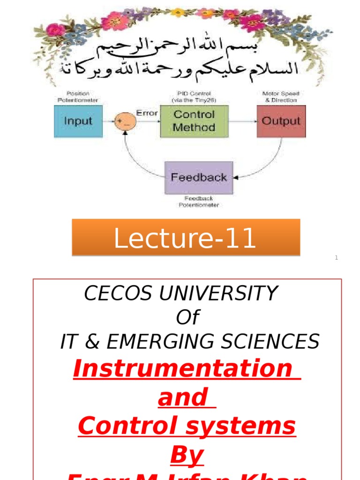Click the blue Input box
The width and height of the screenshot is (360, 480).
[x=78, y=121]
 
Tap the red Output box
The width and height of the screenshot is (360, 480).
[x=281, y=121]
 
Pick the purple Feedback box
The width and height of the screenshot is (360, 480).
[x=199, y=178]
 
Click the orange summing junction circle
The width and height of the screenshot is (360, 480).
[x=126, y=121]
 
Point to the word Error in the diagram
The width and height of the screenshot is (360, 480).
[x=147, y=113]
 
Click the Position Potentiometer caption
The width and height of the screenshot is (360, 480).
[x=78, y=97]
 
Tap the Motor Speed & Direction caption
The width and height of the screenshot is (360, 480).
[x=281, y=97]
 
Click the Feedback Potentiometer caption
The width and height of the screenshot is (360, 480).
[x=199, y=202]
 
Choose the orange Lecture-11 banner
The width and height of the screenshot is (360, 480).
[x=186, y=238]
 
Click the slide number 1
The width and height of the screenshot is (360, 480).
[x=336, y=257]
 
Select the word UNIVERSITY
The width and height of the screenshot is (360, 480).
[x=218, y=294]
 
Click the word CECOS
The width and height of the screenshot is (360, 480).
[x=118, y=294]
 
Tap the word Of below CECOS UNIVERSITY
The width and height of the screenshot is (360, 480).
[x=187, y=318]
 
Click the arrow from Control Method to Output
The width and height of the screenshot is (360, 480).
[x=242, y=121]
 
